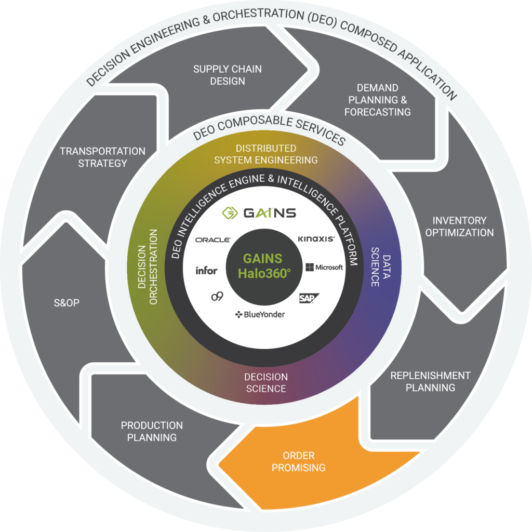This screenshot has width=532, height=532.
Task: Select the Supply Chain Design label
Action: point(227,75)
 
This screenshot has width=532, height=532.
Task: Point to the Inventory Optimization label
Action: point(459,227)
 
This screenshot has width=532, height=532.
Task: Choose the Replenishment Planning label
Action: point(430,381)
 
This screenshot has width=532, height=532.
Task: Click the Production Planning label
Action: point(152,431)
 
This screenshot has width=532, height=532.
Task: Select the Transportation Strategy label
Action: point(102,157)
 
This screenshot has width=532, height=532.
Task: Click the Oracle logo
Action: point(214,240)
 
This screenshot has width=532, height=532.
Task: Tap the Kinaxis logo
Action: point(316,239)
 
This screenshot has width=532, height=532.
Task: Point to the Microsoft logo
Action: point(324,267)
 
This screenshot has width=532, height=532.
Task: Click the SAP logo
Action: point(309,298)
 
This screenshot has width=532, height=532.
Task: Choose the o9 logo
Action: point(217,296)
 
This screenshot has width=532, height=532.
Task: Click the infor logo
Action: point(206,270)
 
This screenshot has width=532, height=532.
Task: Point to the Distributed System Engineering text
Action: point(266,154)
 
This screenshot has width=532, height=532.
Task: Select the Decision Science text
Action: point(266,382)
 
